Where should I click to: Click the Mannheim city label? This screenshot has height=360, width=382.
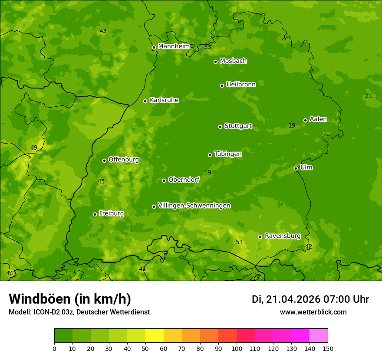tap(174, 46)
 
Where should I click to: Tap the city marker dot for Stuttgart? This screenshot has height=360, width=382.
tap(220, 127)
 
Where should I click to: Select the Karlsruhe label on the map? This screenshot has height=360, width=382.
tap(164, 100)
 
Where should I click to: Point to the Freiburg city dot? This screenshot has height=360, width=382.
tap(95, 214)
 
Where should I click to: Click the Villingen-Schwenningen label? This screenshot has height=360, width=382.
tap(194, 206)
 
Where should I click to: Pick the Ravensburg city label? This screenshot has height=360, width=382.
tap(282, 236)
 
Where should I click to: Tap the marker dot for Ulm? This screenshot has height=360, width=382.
tap(296, 168)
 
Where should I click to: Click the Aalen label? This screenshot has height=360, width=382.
tap(318, 119)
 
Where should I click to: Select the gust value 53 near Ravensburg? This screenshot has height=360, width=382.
tap(239, 242)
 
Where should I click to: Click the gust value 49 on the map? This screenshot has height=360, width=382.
tap(34, 148)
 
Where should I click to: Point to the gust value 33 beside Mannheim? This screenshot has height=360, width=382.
tap(207, 47)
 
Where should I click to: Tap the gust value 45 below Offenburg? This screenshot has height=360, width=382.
tap(101, 182)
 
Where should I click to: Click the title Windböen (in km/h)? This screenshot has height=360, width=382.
tap(70, 299)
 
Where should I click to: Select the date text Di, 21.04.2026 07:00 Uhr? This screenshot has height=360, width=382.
tap(310, 299)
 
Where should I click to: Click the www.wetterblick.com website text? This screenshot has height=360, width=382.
tap(313, 312)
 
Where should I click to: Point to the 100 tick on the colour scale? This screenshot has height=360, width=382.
tap(237, 348)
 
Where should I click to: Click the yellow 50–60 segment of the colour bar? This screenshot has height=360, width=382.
tap(155, 336)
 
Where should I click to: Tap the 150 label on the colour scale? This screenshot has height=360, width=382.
tap(328, 348)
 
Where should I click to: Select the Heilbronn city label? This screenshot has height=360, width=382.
tap(240, 85)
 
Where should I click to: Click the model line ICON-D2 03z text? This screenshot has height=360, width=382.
tap(79, 312)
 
